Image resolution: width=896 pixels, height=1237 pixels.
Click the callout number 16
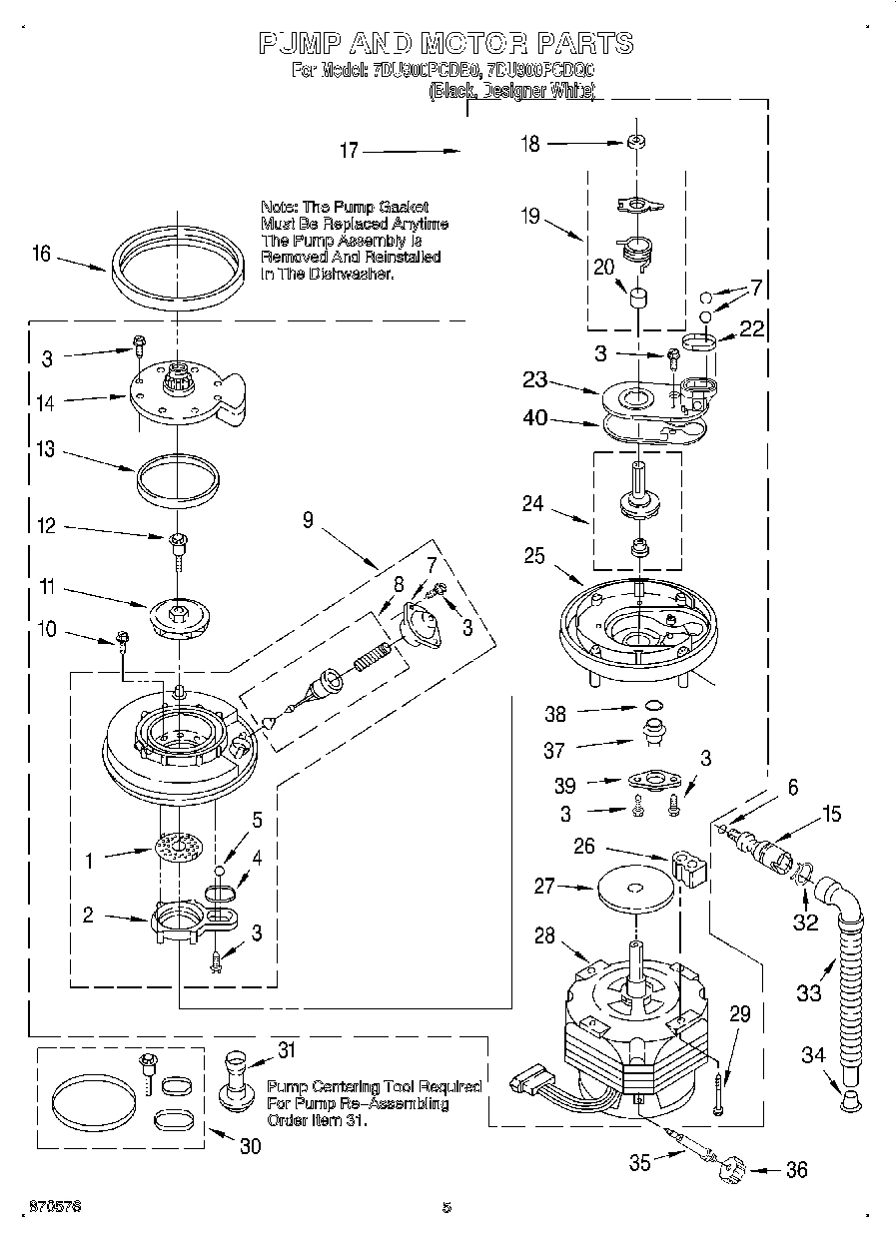tap(40, 254)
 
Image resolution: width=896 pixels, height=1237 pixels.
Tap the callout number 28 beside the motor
tap(544, 935)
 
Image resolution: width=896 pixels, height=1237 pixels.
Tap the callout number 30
tap(249, 1146)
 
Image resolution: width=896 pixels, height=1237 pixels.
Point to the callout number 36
tap(796, 1170)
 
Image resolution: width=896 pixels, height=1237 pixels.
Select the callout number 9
tap(308, 520)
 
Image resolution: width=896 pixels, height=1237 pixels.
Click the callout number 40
tap(535, 419)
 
